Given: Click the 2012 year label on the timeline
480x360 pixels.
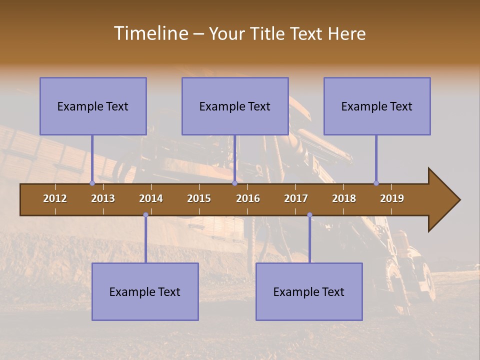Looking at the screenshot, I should (x=55, y=198).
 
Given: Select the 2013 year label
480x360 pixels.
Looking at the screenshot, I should (x=103, y=198).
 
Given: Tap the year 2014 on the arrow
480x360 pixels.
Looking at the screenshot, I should (x=151, y=198).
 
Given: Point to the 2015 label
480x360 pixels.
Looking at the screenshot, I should (x=199, y=198).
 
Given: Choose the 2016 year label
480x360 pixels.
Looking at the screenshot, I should (x=248, y=198).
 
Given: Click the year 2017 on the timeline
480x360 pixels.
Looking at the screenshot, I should (x=296, y=198).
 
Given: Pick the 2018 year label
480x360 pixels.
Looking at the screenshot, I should (x=344, y=198).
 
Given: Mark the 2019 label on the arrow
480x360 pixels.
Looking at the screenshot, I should (x=392, y=198).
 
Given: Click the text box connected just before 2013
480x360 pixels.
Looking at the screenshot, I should (x=93, y=106).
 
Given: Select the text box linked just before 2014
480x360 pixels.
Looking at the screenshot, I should (x=145, y=291).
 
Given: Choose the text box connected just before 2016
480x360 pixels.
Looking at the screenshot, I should (x=235, y=106).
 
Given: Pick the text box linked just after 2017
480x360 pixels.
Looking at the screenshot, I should (x=309, y=291).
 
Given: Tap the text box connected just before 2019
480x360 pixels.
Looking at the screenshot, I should (x=377, y=106).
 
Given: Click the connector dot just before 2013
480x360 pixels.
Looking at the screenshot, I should (x=92, y=183).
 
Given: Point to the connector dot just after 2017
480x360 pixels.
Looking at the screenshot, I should (x=309, y=215).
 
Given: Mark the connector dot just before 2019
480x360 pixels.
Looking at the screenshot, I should (x=376, y=183).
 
